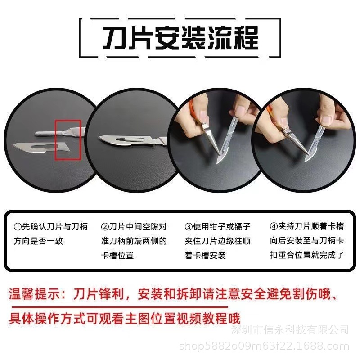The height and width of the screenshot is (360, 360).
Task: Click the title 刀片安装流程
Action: (x=180, y=38)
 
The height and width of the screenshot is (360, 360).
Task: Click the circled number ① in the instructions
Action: (x=18, y=227)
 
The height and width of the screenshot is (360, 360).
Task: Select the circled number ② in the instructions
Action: (x=104, y=227)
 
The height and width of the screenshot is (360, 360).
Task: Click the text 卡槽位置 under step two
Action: (x=117, y=255)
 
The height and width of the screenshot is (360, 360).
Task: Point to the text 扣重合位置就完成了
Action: (x=307, y=255)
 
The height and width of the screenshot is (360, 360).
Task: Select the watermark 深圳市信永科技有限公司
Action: (x=290, y=330)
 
